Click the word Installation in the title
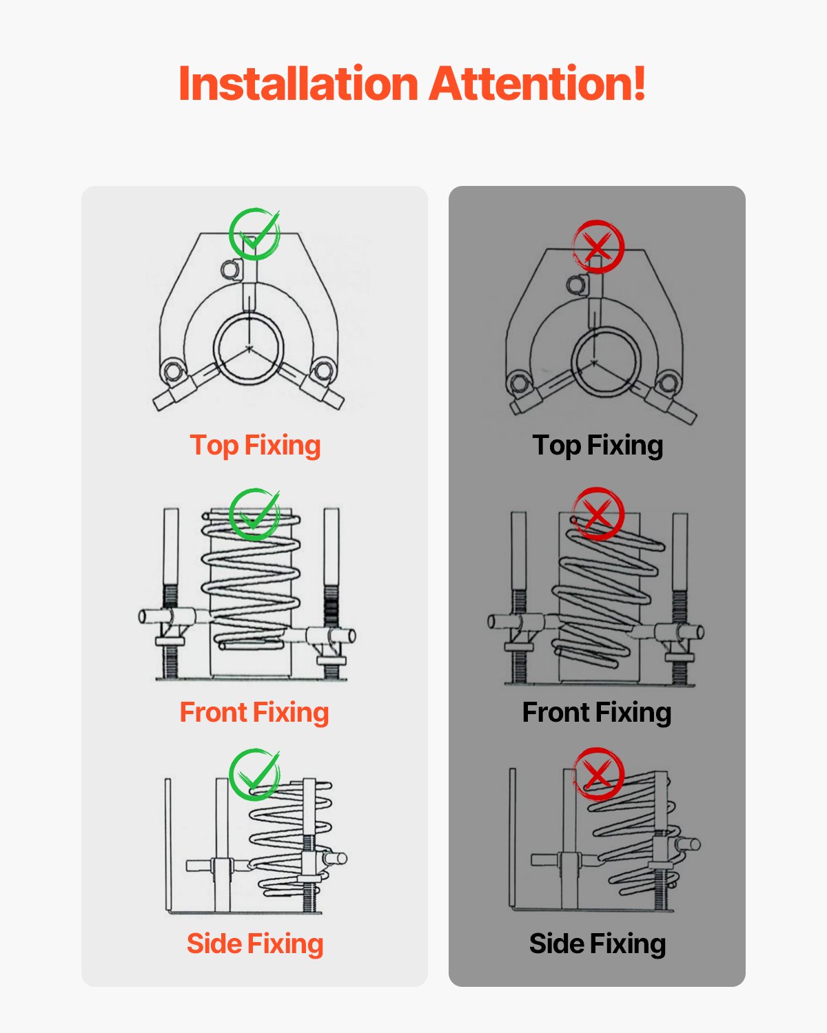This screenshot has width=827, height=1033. [298, 84]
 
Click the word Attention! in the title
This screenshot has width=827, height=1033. [538, 84]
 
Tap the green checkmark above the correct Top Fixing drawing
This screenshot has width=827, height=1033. [254, 234]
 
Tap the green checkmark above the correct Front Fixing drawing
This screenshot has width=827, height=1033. [254, 514]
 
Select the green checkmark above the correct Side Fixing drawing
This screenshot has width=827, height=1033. [254, 774]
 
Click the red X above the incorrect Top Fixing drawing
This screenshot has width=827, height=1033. [598, 246]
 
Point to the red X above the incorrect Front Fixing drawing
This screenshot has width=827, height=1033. [598, 514]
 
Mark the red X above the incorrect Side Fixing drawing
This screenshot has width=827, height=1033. [598, 773]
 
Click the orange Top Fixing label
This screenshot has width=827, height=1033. [255, 446]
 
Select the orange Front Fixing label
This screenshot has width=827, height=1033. [254, 713]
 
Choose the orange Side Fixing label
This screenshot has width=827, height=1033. [255, 944]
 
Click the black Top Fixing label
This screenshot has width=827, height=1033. [598, 446]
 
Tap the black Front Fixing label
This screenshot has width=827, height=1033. [597, 713]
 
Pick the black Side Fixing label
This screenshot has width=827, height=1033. [598, 944]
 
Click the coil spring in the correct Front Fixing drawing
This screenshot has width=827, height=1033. [251, 582]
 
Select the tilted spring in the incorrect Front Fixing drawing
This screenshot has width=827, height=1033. [606, 592]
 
